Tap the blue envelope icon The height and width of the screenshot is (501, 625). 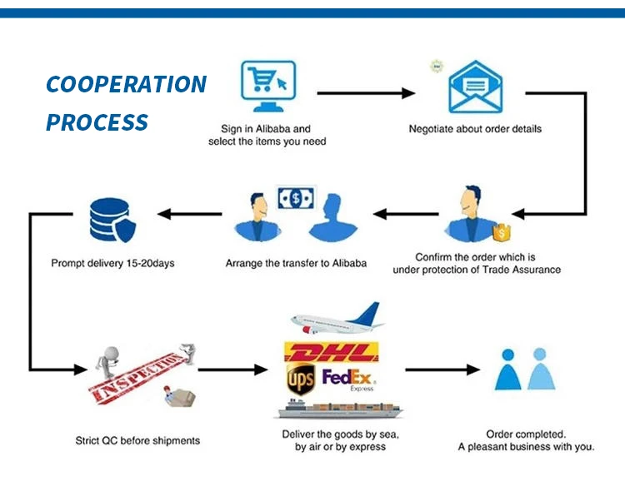click(475, 87)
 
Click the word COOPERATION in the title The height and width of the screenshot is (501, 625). click(126, 84)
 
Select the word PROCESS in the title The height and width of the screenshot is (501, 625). click(97, 123)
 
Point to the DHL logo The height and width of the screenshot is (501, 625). click(331, 353)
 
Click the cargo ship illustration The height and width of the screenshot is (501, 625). click(337, 408)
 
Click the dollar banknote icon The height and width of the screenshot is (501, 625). click(296, 198)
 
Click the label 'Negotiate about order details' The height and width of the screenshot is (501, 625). click(475, 129)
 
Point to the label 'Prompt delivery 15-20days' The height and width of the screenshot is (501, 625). click(112, 263)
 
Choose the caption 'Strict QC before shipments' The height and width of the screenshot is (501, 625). click(137, 440)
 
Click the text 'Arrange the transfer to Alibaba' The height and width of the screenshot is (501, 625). click(296, 263)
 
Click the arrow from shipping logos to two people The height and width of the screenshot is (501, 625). click(442, 369)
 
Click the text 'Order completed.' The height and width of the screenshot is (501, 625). click(526, 434)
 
